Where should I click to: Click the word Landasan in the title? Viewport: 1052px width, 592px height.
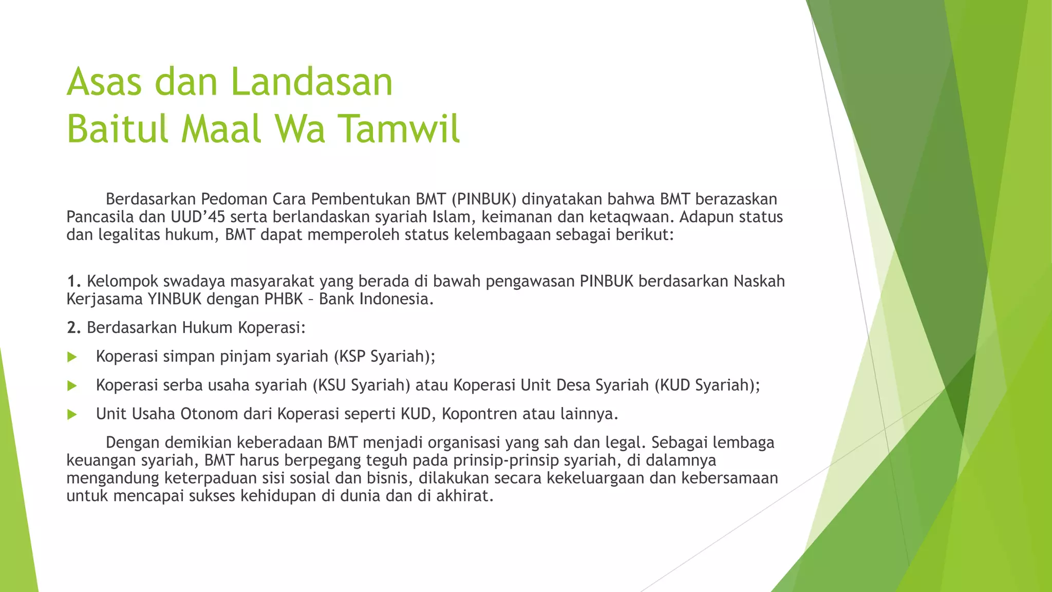pos(311,82)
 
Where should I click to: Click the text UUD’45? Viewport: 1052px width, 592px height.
pos(198,217)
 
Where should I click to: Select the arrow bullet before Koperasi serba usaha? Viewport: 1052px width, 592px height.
pos(72,386)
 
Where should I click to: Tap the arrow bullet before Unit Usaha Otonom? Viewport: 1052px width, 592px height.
pos(72,415)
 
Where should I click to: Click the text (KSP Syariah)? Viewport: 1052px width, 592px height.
pos(384,357)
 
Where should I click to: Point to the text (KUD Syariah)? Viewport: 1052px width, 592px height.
pos(707,385)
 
